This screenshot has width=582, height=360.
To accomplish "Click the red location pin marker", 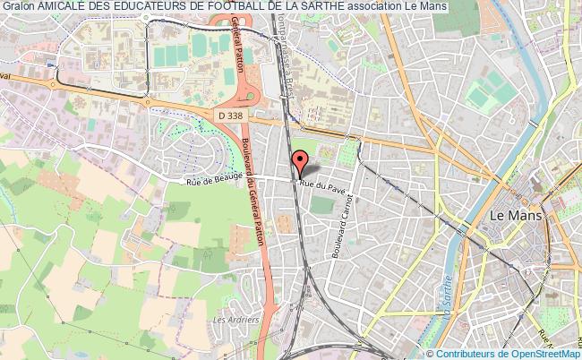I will pos(299,164).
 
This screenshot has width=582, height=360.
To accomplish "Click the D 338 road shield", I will pos(232,115).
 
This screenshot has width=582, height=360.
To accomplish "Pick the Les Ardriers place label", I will pos(236,319).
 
